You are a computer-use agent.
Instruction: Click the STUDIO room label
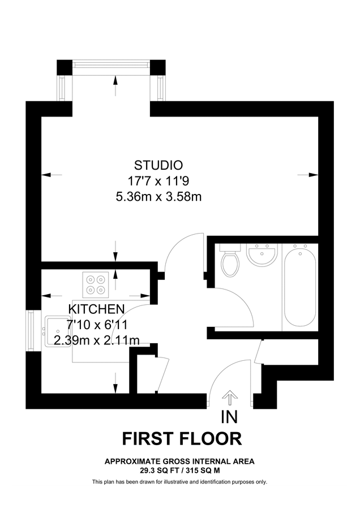click(158, 165)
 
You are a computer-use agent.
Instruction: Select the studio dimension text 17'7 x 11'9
click(158, 181)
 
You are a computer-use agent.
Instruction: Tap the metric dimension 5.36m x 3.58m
click(158, 197)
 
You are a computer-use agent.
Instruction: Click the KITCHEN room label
click(96, 309)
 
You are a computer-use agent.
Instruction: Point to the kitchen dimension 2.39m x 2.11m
click(96, 340)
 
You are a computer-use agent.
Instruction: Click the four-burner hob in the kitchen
click(96, 284)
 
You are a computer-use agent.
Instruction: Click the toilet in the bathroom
click(230, 262)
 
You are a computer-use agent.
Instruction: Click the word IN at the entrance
click(230, 418)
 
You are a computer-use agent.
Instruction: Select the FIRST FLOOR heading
click(182, 439)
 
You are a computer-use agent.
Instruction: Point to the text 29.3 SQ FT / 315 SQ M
click(179, 469)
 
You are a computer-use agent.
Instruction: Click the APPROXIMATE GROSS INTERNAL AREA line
click(179, 461)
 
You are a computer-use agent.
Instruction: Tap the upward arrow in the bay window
click(116, 85)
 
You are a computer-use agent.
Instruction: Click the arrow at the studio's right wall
click(311, 174)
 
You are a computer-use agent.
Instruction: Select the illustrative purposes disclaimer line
click(179, 482)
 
